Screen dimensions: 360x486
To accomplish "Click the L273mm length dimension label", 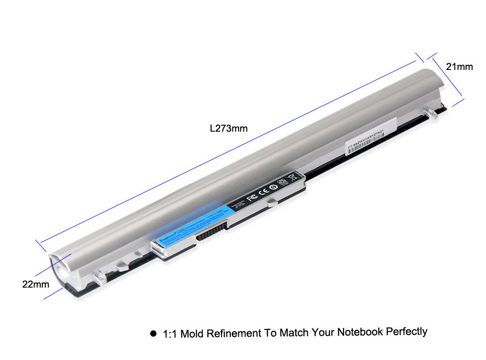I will click(x=228, y=129).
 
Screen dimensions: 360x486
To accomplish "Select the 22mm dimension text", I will click(x=35, y=284).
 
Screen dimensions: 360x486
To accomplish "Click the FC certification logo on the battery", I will click(x=252, y=198).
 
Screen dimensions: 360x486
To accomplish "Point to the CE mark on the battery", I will click(x=265, y=192).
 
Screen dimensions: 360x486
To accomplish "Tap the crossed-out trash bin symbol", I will click(x=293, y=178).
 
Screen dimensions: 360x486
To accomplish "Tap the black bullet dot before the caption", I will click(x=154, y=334).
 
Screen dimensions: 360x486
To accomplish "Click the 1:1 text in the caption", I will click(x=170, y=334).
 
